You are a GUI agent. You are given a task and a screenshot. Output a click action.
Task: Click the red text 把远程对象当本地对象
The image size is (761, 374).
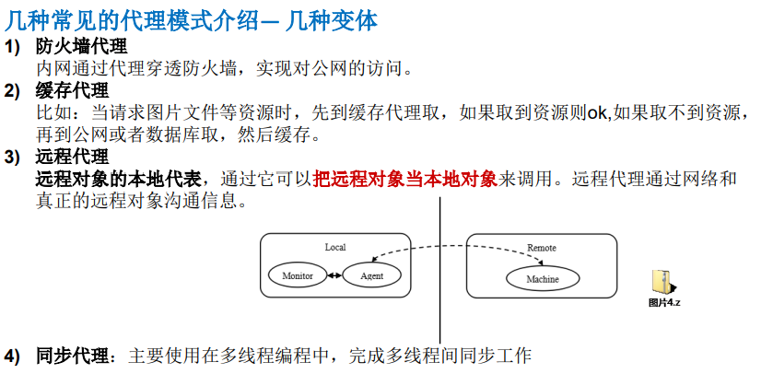405,178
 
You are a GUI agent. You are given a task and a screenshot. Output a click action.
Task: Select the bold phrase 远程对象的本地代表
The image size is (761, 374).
127,178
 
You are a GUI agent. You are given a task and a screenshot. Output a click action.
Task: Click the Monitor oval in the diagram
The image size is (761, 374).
298,275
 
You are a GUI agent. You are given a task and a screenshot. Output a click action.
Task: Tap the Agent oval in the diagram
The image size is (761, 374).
372,275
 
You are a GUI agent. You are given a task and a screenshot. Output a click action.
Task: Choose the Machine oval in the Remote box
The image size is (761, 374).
543,278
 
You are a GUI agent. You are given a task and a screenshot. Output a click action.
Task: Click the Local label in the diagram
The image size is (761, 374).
335,247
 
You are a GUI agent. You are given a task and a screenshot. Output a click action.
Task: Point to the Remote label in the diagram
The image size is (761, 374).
542,248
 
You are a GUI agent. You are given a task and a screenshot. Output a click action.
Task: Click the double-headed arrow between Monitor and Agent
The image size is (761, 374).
334,275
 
